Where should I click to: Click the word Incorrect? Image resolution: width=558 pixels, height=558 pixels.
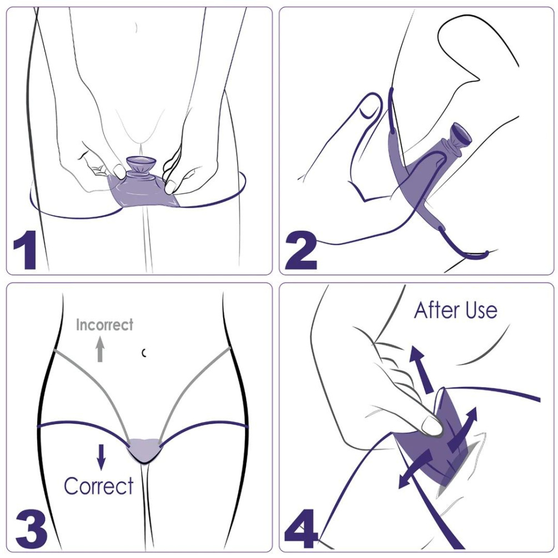(x=104, y=325)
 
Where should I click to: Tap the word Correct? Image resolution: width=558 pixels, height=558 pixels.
(x=98, y=486)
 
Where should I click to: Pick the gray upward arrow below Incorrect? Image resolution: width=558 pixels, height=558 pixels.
(x=100, y=350)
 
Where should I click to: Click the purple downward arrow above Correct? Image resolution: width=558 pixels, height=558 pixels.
(x=101, y=455)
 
